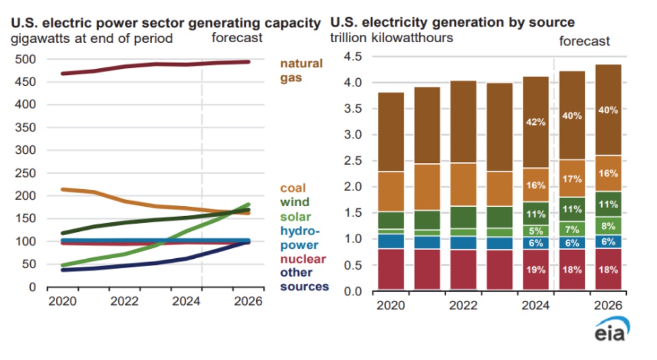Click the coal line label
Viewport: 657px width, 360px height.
pyautogui.click(x=293, y=188)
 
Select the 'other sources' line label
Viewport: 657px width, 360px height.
pyautogui.click(x=304, y=279)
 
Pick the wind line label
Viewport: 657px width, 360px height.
pyautogui.click(x=294, y=202)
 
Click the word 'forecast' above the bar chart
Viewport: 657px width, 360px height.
pyautogui.click(x=584, y=42)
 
